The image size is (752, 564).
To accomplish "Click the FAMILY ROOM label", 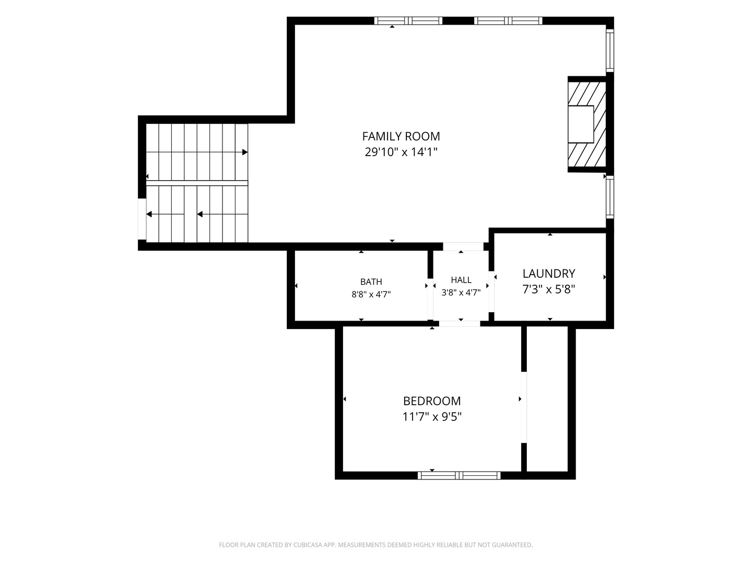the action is [401, 136].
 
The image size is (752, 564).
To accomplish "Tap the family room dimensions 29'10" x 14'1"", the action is [401, 151].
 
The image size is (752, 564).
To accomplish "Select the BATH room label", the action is [371, 281].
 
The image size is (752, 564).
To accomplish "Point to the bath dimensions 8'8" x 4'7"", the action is [371, 294].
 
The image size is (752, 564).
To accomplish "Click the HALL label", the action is [461, 280].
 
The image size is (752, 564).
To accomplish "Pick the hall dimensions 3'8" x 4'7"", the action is [461, 292].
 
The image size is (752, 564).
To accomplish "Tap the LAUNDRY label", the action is [549, 274].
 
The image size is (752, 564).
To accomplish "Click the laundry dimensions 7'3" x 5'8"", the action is [549, 289].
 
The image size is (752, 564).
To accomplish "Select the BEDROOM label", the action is [432, 401].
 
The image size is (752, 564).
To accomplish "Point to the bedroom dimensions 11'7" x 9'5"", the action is [432, 417].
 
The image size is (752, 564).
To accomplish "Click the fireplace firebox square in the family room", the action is [581, 124].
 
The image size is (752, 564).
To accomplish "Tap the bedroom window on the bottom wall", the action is [459, 475].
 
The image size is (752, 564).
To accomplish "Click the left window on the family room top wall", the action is [408, 21].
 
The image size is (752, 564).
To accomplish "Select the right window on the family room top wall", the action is [509, 21].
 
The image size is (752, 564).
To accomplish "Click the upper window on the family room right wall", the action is [610, 50].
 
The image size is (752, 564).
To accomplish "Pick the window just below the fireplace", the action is [610, 197].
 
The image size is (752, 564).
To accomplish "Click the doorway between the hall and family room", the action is [463, 246].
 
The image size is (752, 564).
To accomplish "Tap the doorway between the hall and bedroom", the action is [460, 324].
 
